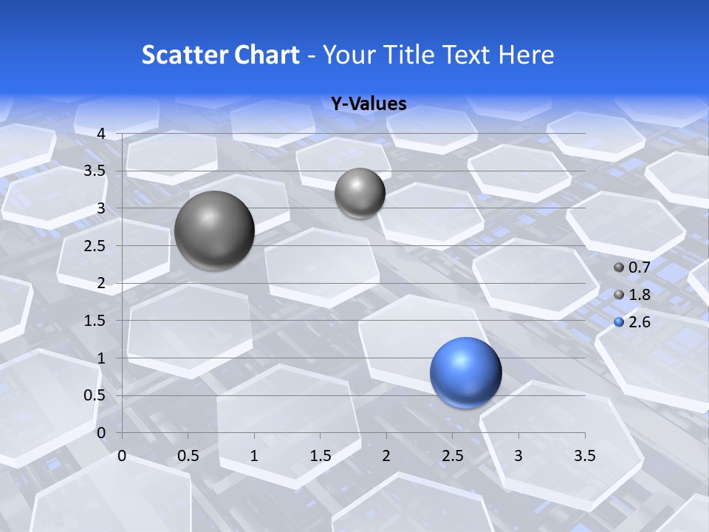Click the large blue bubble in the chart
(466, 372)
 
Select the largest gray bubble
(215, 231)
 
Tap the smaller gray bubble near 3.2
(360, 193)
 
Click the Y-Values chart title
(369, 104)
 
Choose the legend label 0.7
(639, 267)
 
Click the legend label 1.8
(639, 295)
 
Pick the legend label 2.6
(639, 322)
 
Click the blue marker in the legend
(619, 322)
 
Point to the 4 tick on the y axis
(101, 134)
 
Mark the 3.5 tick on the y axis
(95, 171)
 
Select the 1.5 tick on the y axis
(95, 321)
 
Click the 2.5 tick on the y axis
(95, 246)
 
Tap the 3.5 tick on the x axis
(585, 456)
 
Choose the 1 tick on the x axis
(254, 456)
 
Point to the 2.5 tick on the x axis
(453, 456)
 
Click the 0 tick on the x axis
(122, 456)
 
